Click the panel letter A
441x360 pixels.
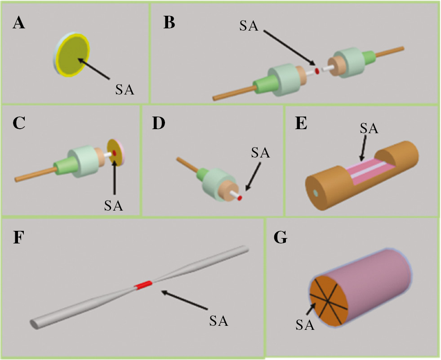19,21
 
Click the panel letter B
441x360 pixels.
169,21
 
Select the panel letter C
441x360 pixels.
18,123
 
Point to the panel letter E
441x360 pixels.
300,122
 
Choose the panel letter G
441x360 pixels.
280,237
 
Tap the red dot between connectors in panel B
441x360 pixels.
317,71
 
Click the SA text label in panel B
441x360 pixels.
249,26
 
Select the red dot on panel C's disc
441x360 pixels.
115,153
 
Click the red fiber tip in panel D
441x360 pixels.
240,198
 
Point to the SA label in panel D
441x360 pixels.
260,153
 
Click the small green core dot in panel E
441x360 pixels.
316,193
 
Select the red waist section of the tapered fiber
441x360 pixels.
145,284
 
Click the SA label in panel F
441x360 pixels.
219,321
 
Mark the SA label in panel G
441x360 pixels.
305,324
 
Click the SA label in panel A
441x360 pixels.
124,90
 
